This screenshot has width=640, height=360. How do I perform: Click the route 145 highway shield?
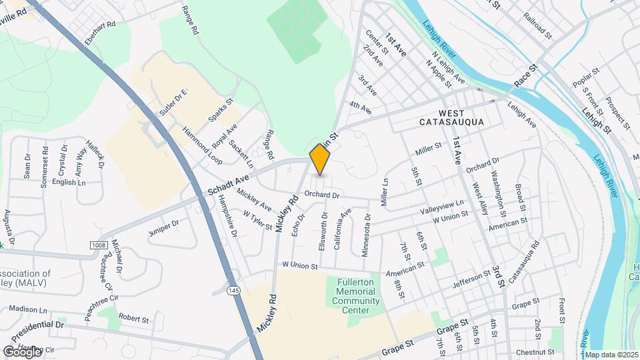click(x=231, y=291)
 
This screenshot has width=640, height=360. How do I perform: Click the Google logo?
click(x=21, y=351)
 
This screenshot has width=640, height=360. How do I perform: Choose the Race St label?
click(x=525, y=77)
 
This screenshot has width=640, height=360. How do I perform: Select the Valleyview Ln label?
click(x=441, y=206)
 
